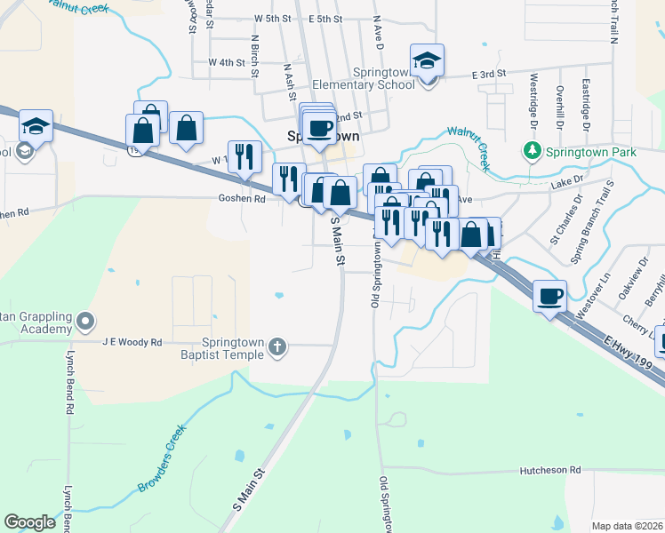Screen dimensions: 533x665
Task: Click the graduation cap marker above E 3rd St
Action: pos(428,63)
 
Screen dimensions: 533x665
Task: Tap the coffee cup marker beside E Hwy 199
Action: pos(550,295)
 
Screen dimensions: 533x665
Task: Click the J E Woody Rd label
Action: pos(132,342)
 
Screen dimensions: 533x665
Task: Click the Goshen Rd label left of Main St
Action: pos(242,199)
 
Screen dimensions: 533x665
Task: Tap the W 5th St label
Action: pos(272,18)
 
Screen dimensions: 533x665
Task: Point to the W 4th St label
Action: pos(226,62)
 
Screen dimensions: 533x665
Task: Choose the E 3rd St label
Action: pos(488,74)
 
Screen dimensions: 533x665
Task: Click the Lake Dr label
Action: pos(565,180)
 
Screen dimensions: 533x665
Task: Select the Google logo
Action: pos(29,521)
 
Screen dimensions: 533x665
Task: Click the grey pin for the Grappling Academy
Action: pos(84,320)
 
